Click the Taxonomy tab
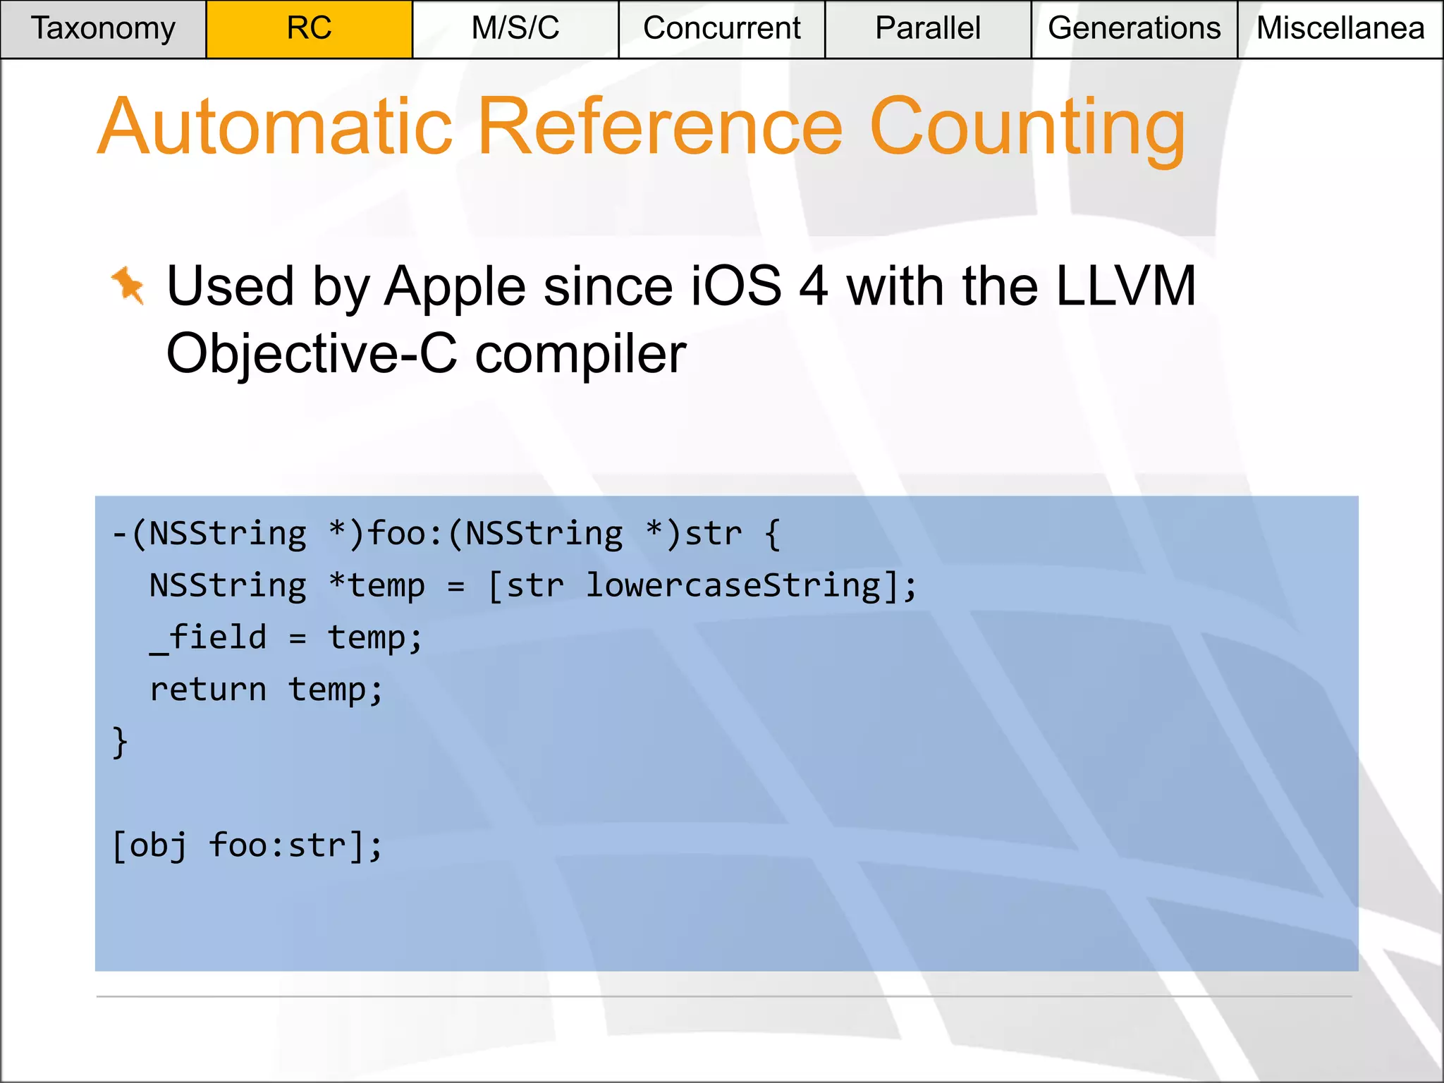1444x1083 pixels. [x=103, y=29]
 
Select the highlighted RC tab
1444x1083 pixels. [x=309, y=29]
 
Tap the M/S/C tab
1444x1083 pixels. [x=515, y=29]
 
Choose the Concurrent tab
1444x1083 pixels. [x=721, y=29]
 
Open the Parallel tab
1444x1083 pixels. [x=927, y=29]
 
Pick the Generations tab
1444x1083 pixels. [x=1134, y=29]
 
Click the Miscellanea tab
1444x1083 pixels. [x=1340, y=29]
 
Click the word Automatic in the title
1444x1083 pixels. [x=275, y=127]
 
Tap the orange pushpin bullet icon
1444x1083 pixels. [x=128, y=286]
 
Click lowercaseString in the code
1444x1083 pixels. [x=733, y=586]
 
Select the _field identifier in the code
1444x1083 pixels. [x=208, y=638]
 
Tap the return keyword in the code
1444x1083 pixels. [x=208, y=690]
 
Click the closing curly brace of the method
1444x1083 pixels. [x=121, y=742]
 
